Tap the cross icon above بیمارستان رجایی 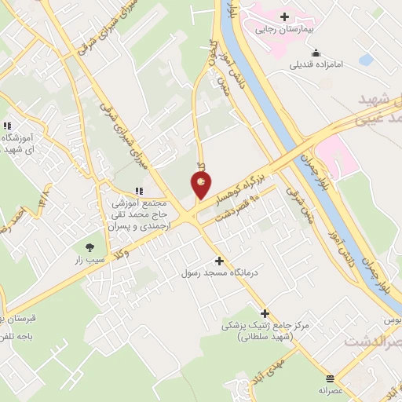tap(283, 16)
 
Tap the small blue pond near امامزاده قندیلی tap(366, 60)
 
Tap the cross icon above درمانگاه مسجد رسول tap(218, 261)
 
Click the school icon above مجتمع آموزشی tap(139, 191)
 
